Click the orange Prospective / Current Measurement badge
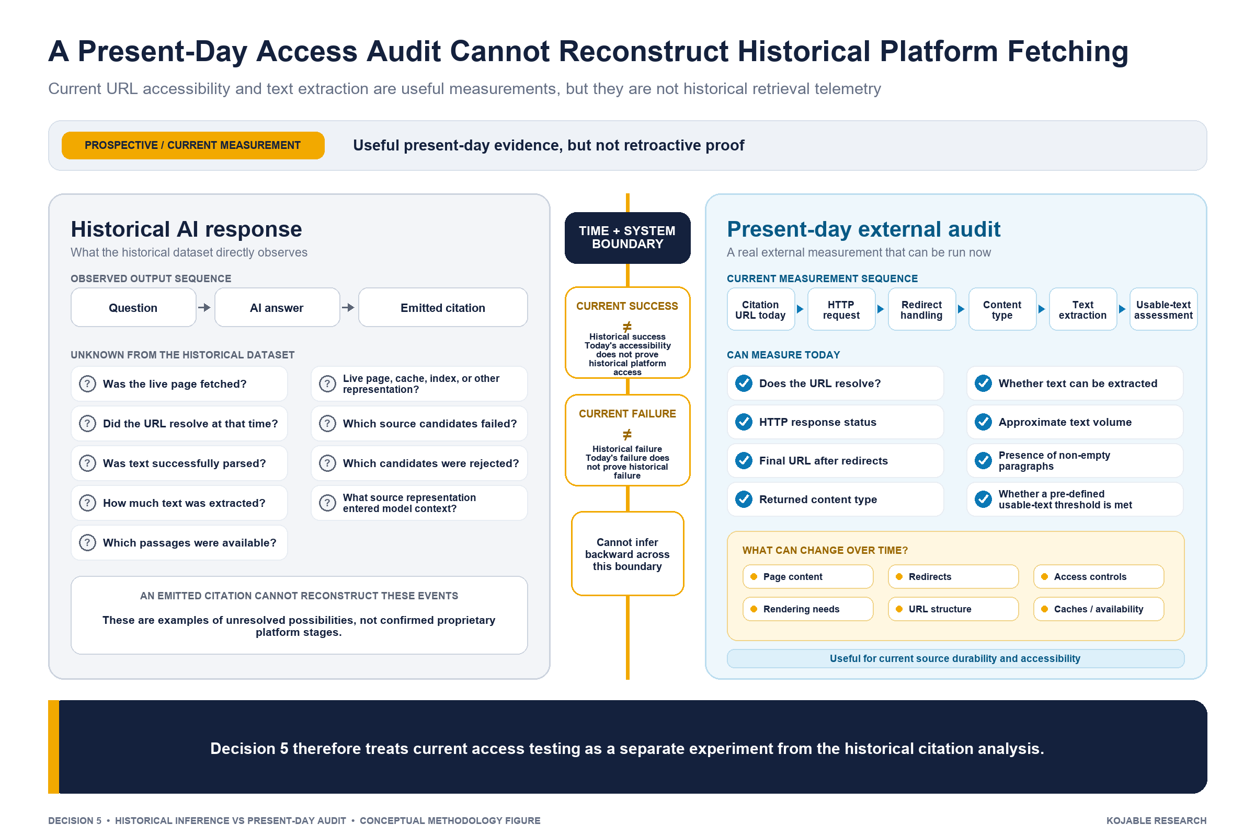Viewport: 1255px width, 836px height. click(192, 145)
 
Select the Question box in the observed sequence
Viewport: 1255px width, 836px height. click(133, 308)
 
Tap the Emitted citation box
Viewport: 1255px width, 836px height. click(443, 308)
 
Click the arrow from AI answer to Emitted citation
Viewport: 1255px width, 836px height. click(348, 308)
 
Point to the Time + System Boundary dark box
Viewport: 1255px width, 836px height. click(627, 238)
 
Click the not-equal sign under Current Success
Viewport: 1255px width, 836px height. click(627, 326)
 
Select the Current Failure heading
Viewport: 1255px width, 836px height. click(627, 414)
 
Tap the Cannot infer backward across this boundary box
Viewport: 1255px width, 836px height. click(627, 553)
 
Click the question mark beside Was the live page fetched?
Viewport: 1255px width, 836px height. click(87, 384)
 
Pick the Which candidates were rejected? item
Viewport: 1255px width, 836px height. click(419, 463)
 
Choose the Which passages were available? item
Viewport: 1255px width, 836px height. click(179, 543)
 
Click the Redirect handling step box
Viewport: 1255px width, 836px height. click(921, 309)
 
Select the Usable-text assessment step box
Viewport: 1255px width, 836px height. click(1163, 309)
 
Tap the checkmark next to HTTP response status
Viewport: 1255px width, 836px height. click(744, 422)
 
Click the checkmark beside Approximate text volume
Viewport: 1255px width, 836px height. click(984, 422)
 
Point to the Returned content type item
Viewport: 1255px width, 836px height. click(835, 500)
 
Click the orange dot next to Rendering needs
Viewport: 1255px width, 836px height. click(754, 609)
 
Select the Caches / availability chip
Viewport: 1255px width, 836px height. click(1099, 609)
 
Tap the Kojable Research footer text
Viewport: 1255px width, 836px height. click(1156, 820)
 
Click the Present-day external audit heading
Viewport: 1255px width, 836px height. click(863, 229)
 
